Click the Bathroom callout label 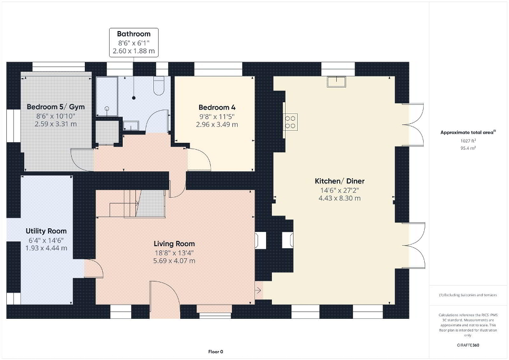coord(134,34)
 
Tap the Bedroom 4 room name coord(217,108)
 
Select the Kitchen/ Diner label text coord(339,181)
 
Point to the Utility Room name coord(46,231)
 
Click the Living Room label coord(174,244)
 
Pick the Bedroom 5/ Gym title coord(55,107)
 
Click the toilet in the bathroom coord(159,86)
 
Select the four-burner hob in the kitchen coord(290,122)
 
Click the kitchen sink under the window coord(337,82)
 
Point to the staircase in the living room coord(137,203)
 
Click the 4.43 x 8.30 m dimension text coord(339,198)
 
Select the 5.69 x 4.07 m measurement coord(174,261)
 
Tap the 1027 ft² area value coord(468,141)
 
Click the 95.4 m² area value coord(468,148)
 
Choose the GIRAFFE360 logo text coord(468,345)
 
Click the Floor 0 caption coord(216,352)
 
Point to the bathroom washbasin coord(131,125)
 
